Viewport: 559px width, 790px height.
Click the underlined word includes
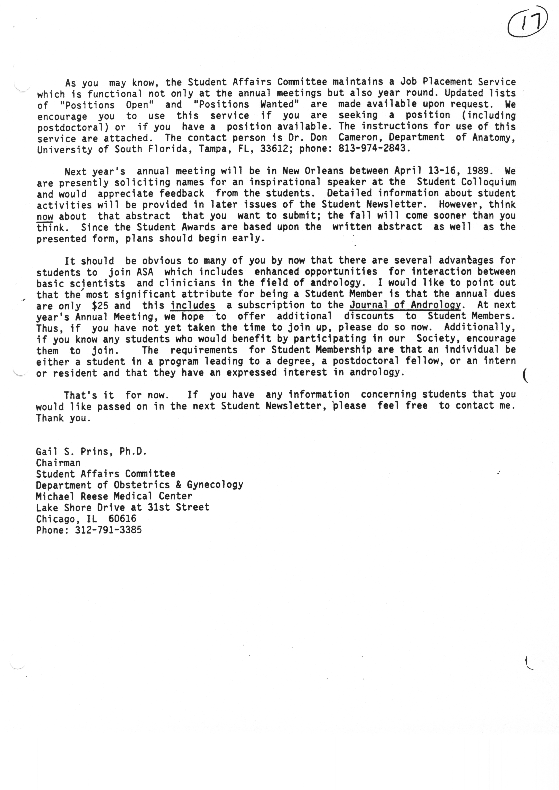(193, 306)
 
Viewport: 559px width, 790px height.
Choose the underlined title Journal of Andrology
(405, 305)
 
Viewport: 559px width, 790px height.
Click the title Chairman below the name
(58, 463)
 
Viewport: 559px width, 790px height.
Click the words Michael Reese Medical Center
(114, 496)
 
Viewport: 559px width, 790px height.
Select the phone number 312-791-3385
(108, 530)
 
